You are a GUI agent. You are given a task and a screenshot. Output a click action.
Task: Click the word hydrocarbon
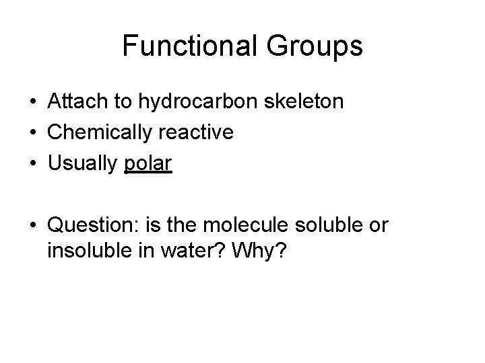[195, 102]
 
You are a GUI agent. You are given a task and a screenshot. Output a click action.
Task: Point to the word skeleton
[305, 102]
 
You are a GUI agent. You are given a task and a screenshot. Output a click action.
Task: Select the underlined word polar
[149, 163]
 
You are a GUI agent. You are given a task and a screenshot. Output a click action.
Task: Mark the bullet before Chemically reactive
[32, 133]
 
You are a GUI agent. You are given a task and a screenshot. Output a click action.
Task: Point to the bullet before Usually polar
[32, 164]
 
